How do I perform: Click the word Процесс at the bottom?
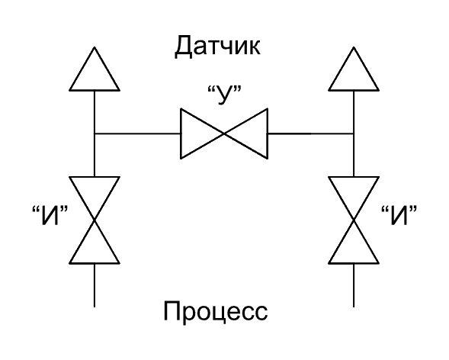216,313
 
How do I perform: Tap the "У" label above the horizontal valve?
223,97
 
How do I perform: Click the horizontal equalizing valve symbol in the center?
223,133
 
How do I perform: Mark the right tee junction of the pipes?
354,133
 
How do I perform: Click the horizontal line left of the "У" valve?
136,133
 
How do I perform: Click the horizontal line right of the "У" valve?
311,133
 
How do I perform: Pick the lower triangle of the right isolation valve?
354,245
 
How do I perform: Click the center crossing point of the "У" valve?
223,133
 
